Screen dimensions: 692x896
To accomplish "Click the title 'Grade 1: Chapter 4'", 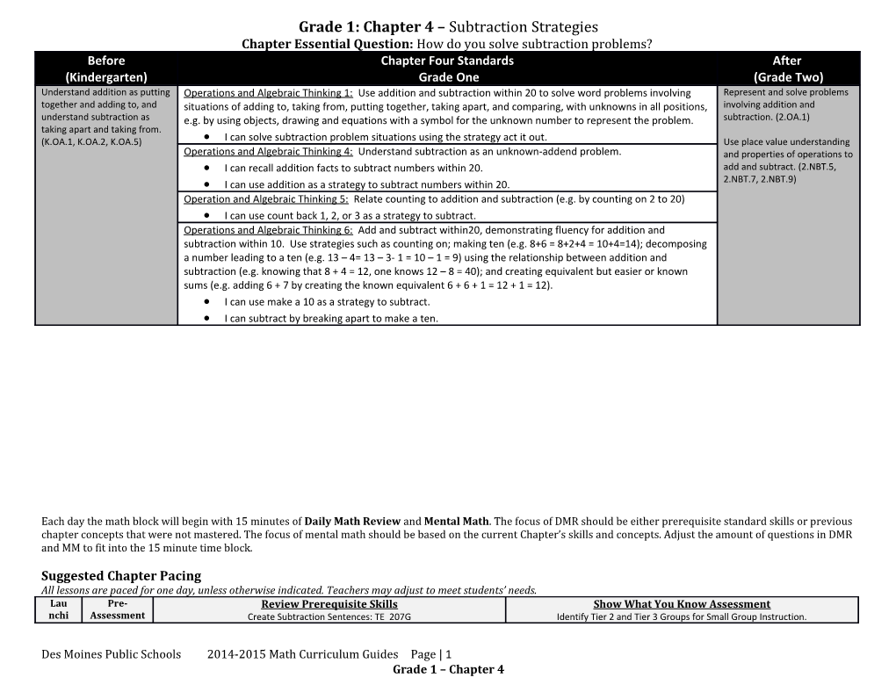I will pos(370,27).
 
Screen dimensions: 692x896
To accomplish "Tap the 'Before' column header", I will pos(106,61).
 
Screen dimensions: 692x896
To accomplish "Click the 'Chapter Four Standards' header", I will pos(447,61).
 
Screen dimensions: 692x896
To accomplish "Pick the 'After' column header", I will pos(786,61).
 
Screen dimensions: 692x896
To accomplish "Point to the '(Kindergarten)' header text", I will pos(106,76).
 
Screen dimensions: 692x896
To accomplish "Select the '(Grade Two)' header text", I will pos(786,76).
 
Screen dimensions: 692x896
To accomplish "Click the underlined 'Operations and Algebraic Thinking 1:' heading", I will pos(269,93).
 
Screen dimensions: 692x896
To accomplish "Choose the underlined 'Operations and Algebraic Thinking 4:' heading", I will pos(269,151).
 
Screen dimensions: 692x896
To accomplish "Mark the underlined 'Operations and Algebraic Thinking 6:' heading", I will pos(269,230).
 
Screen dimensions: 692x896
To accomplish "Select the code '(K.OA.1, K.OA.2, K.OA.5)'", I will pos(91,141).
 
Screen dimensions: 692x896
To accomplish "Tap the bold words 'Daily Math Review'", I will pos(352,522).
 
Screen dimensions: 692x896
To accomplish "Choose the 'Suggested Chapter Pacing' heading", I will pos(121,576).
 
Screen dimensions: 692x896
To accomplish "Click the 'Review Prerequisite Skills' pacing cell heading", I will pos(329,604).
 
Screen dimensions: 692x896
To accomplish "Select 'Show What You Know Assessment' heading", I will pos(682,604).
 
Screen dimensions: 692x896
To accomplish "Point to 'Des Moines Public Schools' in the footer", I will pos(112,654).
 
